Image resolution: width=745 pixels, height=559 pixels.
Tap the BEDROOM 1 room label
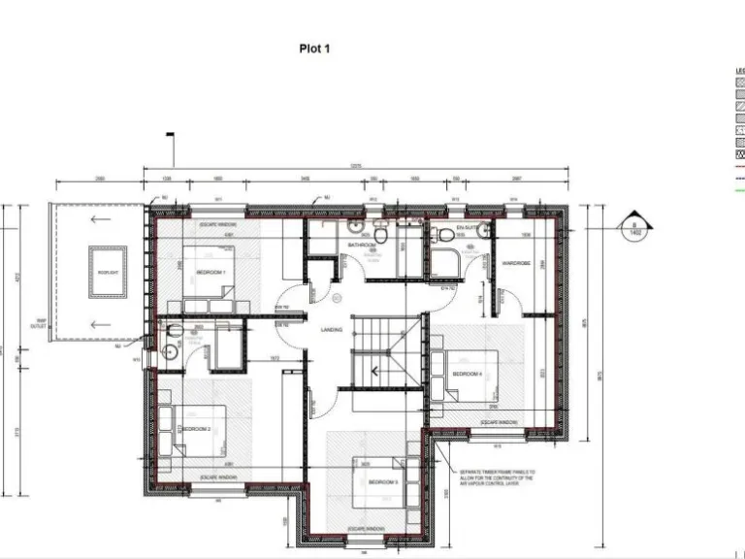tap(211, 273)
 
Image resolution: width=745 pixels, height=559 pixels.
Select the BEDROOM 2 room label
tap(196, 428)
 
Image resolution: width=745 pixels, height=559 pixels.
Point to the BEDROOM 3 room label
tap(382, 482)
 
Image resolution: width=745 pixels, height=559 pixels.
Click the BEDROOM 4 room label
tap(468, 374)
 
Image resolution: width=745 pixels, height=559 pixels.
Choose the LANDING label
tap(331, 331)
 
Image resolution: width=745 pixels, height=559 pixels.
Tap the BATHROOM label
tap(361, 246)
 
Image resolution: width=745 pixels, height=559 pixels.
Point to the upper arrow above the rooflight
tap(94, 219)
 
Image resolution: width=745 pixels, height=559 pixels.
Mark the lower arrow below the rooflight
tap(94, 324)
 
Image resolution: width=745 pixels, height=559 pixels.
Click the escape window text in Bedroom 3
tap(365, 529)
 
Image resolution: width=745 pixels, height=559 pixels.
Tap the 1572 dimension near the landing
tap(275, 358)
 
